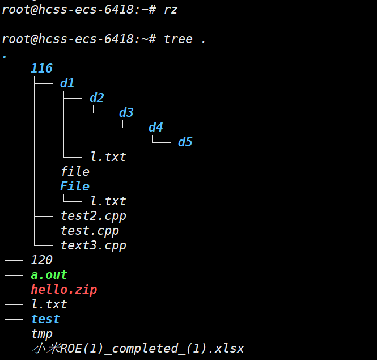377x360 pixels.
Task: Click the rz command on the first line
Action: pyautogui.click(x=171, y=9)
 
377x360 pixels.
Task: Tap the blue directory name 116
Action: pyautogui.click(x=42, y=69)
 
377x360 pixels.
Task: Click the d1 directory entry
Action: pyautogui.click(x=67, y=83)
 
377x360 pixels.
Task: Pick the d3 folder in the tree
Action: pyautogui.click(x=126, y=112)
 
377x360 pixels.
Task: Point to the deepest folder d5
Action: pyautogui.click(x=185, y=142)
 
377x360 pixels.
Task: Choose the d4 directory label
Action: pyautogui.click(x=156, y=127)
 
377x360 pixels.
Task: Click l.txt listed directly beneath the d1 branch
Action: pyautogui.click(x=108, y=156)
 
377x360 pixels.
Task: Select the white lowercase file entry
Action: pyautogui.click(x=75, y=171)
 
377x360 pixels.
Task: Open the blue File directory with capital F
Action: pyautogui.click(x=75, y=186)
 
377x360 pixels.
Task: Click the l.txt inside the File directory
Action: pyautogui.click(x=108, y=201)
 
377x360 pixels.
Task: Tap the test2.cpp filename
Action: pyautogui.click(x=94, y=216)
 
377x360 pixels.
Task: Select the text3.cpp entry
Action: pyautogui.click(x=94, y=245)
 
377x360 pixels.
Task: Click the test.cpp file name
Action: pyautogui.click(x=90, y=231)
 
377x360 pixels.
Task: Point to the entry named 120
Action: pyautogui.click(x=42, y=260)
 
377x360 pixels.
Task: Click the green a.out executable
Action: pyautogui.click(x=49, y=275)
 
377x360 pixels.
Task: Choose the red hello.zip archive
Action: pyautogui.click(x=64, y=290)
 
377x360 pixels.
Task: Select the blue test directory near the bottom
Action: pyautogui.click(x=45, y=319)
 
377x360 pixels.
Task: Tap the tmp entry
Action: pyautogui.click(x=42, y=334)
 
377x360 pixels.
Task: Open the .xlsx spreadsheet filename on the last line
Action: pyautogui.click(x=138, y=349)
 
